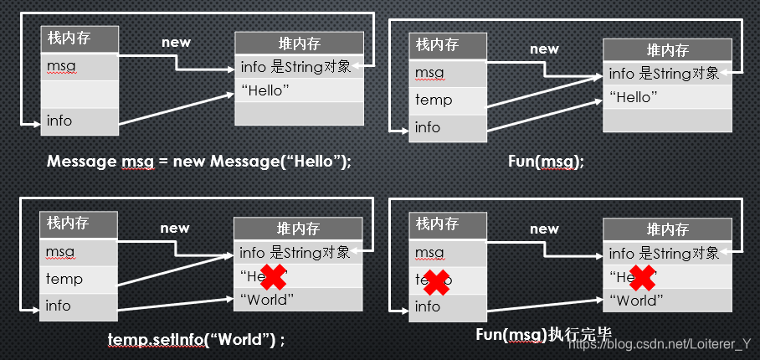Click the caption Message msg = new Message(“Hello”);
(x=199, y=162)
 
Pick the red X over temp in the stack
(x=436, y=281)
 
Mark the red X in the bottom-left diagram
(x=275, y=276)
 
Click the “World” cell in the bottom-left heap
(x=299, y=299)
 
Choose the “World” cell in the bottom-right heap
(x=667, y=300)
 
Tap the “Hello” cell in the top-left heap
(x=299, y=90)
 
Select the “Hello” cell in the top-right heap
(x=667, y=97)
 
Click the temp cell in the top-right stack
(x=448, y=100)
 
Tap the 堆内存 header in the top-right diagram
(x=668, y=50)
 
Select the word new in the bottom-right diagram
(x=544, y=229)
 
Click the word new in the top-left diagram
(x=176, y=42)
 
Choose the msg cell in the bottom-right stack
(x=448, y=253)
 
